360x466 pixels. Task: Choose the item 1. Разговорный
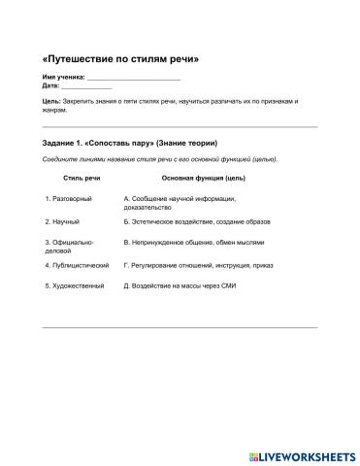(x=69, y=199)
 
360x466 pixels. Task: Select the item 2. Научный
(x=62, y=221)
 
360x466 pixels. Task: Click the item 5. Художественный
(x=74, y=285)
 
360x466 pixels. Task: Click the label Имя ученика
(x=63, y=76)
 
